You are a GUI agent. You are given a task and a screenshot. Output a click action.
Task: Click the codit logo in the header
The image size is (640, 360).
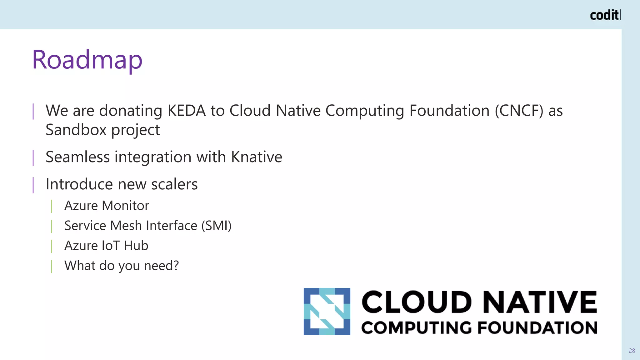[605, 15]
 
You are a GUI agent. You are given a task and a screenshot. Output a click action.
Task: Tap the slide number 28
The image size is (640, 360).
[632, 351]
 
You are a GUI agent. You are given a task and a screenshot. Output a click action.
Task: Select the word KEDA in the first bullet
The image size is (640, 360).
[187, 111]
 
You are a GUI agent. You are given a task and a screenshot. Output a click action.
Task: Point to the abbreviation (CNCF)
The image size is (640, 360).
[519, 111]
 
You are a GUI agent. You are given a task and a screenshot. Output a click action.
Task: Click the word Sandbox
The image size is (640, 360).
[76, 130]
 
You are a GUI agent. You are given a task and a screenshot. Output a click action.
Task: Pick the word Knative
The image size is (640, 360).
[257, 157]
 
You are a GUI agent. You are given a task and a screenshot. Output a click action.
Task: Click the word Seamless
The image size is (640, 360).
[77, 157]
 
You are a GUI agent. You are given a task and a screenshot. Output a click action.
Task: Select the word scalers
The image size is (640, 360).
[174, 184]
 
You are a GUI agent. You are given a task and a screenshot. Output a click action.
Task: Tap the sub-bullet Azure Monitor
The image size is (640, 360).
[107, 206]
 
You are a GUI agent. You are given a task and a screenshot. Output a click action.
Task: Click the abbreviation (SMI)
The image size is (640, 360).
[216, 226]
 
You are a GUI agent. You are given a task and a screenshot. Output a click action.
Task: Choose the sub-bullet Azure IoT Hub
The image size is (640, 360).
[106, 246]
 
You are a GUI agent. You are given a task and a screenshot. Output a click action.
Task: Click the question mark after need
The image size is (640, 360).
[176, 266]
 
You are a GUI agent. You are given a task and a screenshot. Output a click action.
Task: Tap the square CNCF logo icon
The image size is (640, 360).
[327, 312]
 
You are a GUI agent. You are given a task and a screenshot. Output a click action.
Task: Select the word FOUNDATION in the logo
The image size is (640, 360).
[537, 328]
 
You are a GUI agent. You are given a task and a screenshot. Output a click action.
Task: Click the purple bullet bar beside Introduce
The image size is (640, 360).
[33, 185]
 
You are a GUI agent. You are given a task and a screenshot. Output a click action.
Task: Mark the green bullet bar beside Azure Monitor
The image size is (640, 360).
[52, 206]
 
